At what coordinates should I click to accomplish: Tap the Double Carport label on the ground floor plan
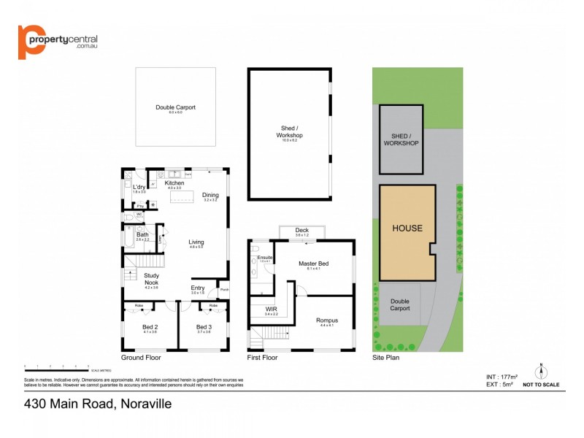(175, 107)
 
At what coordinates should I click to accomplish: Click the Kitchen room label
(174, 183)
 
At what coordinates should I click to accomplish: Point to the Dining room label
(210, 195)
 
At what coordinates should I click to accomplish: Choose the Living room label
(196, 242)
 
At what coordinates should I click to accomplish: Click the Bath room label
(142, 234)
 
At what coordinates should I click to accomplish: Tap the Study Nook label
(151, 278)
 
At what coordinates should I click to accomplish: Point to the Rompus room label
(326, 320)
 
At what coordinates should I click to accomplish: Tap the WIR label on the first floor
(271, 310)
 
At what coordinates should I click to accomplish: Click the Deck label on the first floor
(301, 231)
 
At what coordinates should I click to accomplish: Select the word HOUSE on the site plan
(407, 228)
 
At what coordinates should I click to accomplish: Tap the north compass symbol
(541, 370)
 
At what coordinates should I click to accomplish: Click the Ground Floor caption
(140, 358)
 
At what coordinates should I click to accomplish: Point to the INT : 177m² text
(502, 377)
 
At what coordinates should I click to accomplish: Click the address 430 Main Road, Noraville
(97, 403)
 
